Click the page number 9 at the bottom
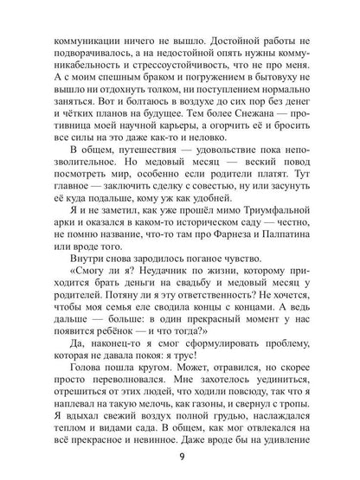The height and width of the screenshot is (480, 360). tap(180, 459)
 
